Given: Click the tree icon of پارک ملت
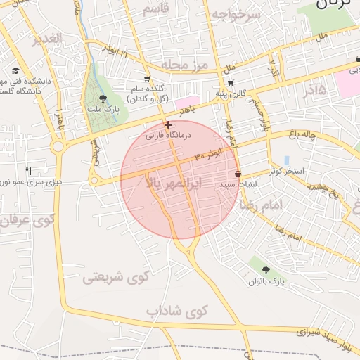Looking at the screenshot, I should pos(104,99).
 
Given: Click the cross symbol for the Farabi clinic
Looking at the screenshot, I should pos(167,125).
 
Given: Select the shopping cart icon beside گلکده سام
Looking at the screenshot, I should pos(146,79).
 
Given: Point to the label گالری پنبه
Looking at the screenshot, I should pos(231,93).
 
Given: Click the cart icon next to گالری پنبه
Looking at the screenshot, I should pos(231,82).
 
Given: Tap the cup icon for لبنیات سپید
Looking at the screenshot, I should pos(238,174).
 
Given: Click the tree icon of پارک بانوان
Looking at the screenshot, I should pos(265,270).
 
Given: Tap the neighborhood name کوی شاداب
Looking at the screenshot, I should pos(177,310).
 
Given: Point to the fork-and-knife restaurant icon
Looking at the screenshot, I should pos(29,171).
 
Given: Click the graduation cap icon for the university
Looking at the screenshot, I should pos(15,71).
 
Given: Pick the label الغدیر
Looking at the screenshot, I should pos(46,38).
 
